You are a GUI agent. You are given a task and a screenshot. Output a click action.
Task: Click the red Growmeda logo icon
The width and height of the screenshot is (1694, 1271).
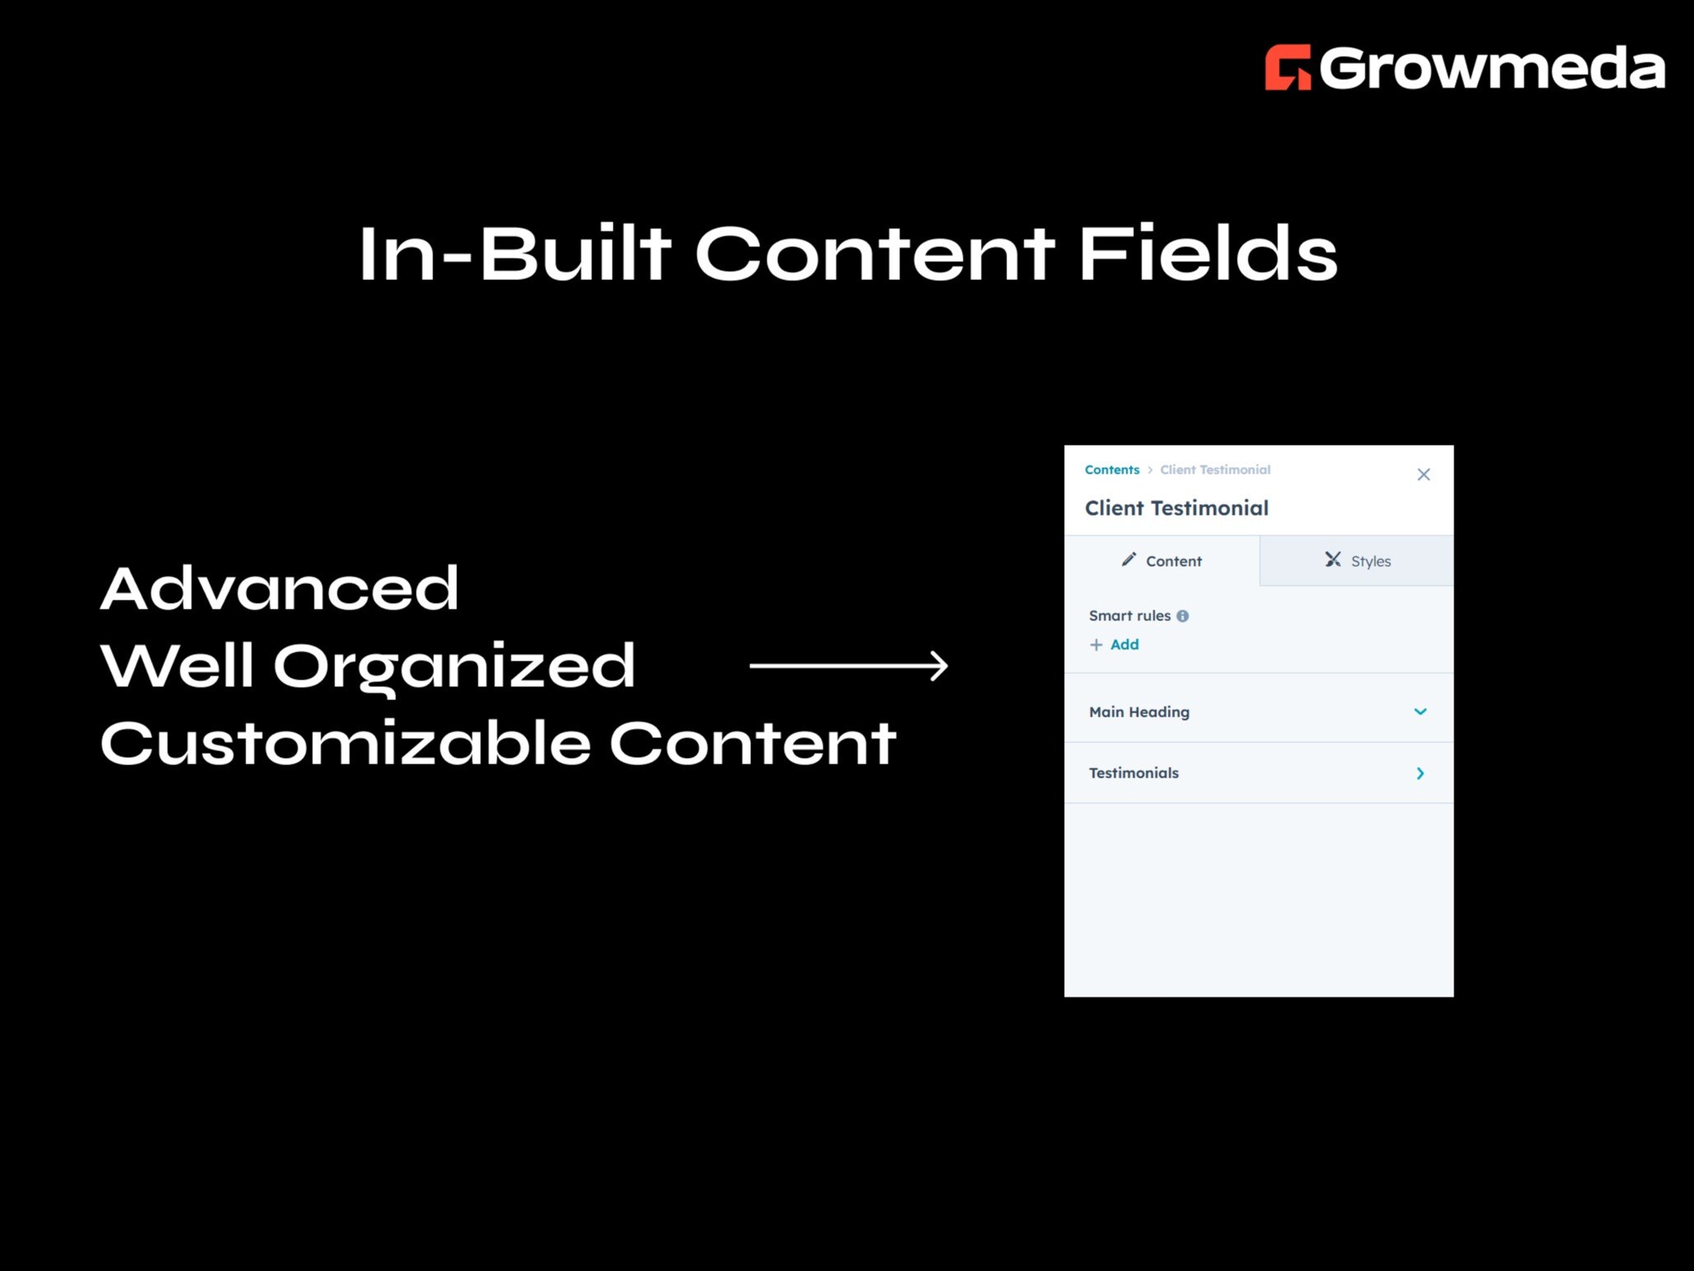click(1287, 67)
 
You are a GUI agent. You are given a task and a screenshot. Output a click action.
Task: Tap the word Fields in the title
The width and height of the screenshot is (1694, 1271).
click(1207, 254)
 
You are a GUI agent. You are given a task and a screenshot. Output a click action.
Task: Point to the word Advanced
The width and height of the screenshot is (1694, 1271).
click(279, 589)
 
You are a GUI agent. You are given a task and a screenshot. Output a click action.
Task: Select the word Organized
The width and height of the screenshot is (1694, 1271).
click(454, 666)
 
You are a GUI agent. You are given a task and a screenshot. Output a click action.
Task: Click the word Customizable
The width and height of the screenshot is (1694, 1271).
click(345, 743)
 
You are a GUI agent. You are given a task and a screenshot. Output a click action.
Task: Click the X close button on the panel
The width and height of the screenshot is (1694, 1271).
click(1423, 474)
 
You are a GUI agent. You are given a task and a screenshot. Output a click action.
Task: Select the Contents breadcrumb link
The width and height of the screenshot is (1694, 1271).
click(1112, 470)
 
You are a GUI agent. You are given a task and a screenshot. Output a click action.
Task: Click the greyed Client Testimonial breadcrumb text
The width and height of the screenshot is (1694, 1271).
click(1215, 470)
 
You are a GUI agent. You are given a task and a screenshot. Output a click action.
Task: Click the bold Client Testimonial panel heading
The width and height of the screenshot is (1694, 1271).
click(1176, 508)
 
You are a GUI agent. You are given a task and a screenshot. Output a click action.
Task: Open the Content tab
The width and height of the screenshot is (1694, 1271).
click(1162, 561)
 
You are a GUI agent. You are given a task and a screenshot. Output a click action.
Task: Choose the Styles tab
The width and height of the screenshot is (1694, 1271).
click(1357, 561)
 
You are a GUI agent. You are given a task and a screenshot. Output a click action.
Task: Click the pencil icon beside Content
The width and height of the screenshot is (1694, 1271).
click(1128, 560)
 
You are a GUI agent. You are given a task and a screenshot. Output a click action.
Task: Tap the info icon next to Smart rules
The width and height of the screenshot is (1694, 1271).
click(1183, 616)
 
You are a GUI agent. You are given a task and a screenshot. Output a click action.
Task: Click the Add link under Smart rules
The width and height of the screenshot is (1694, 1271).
click(1123, 645)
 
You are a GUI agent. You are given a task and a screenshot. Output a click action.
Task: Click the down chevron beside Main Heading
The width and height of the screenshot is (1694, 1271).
click(1420, 712)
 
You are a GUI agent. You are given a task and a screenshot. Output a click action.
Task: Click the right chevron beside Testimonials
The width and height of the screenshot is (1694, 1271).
click(1420, 773)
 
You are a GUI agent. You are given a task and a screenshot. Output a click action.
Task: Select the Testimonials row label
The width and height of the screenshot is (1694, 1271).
click(1133, 773)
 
